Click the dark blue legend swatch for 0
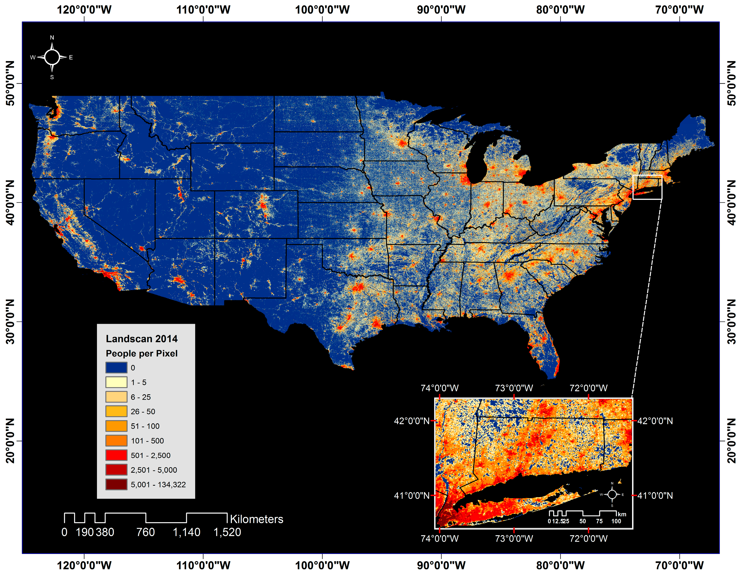point(116,368)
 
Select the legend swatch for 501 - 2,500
point(116,455)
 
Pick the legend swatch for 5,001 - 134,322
point(116,484)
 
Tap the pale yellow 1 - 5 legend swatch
point(116,382)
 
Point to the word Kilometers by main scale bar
point(257,519)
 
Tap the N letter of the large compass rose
point(52,38)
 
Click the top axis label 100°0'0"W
point(322,9)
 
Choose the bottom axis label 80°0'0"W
point(560,565)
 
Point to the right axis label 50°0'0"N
point(731,83)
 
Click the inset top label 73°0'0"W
point(514,388)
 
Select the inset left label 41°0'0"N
point(411,495)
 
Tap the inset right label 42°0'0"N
point(655,421)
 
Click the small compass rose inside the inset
point(612,494)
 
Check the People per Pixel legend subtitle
point(142,353)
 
